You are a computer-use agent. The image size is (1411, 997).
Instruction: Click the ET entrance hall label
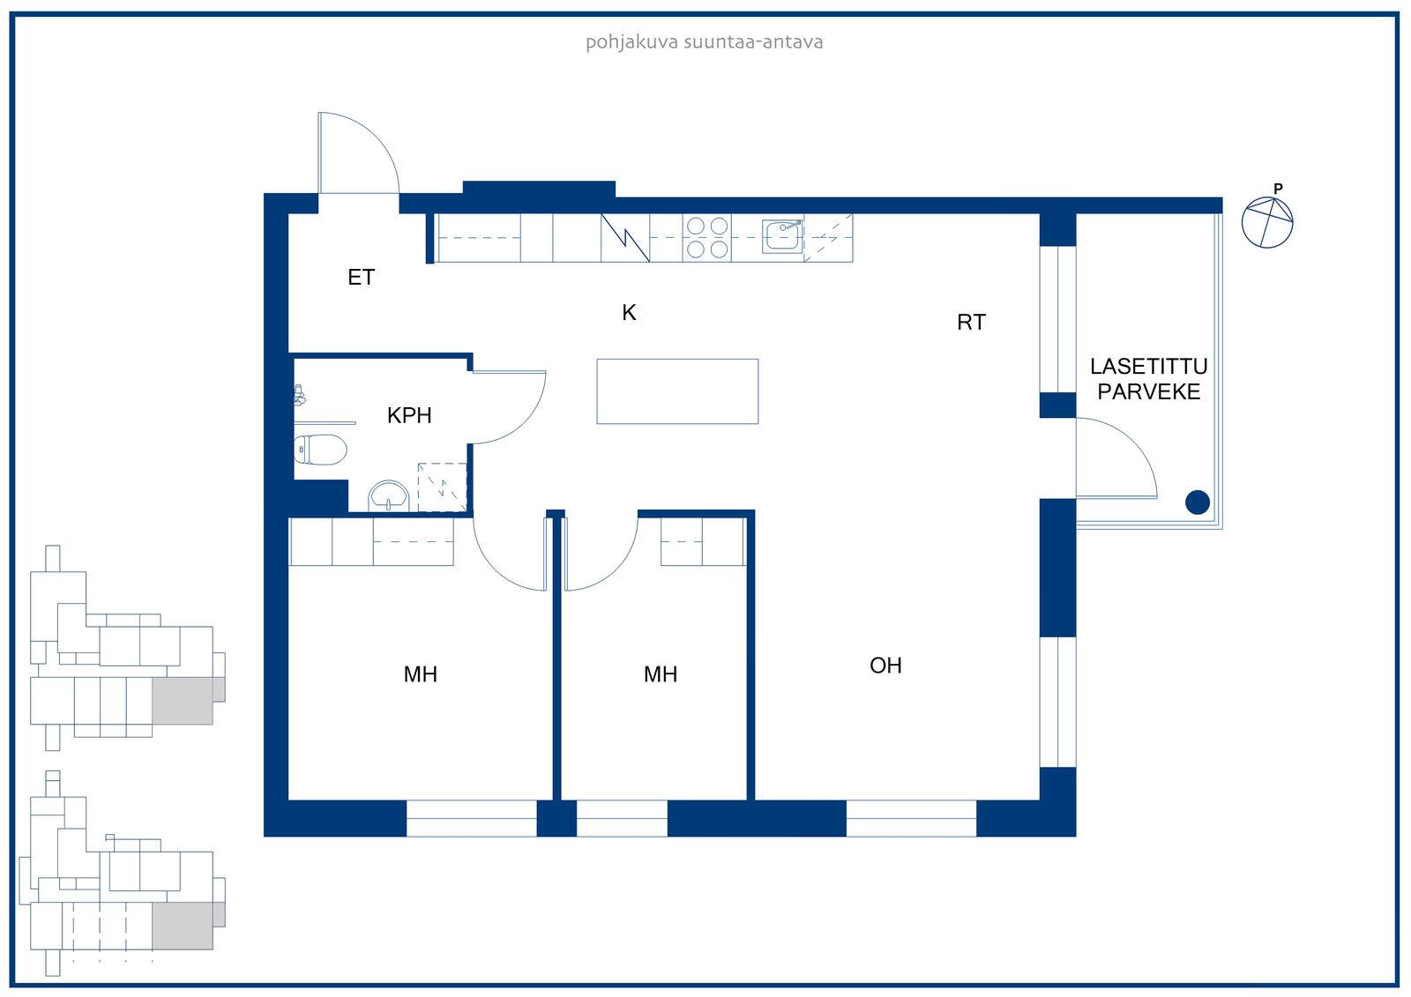pyautogui.click(x=361, y=277)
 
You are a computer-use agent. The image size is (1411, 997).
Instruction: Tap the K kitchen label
pyautogui.click(x=629, y=312)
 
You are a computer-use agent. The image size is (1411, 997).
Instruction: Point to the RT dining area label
pyautogui.click(x=971, y=323)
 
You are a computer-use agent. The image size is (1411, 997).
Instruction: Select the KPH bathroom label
pyautogui.click(x=409, y=416)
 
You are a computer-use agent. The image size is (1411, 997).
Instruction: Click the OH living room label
pyautogui.click(x=885, y=666)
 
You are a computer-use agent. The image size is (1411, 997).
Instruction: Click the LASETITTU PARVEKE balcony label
pyautogui.click(x=1148, y=379)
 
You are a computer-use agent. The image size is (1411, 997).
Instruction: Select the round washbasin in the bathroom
pyautogui.click(x=389, y=496)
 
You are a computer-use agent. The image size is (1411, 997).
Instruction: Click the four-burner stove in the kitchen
pyautogui.click(x=706, y=237)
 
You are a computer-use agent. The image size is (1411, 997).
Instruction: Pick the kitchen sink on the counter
pyautogui.click(x=782, y=236)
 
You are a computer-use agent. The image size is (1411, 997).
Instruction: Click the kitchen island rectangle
pyautogui.click(x=677, y=391)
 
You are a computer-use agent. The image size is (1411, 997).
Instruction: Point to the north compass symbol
pyautogui.click(x=1266, y=222)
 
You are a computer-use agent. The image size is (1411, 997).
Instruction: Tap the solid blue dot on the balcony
pyautogui.click(x=1197, y=502)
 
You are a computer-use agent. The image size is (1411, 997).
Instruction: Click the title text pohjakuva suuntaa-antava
pyautogui.click(x=704, y=42)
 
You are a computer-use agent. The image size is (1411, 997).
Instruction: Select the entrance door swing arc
pyautogui.click(x=359, y=153)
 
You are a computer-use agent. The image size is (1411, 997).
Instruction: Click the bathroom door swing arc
pyautogui.click(x=509, y=407)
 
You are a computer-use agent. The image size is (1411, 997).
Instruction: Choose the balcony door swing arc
pyautogui.click(x=1116, y=458)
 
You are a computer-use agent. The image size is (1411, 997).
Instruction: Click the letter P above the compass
pyautogui.click(x=1278, y=189)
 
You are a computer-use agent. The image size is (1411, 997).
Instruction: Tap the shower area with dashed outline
pyautogui.click(x=442, y=487)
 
